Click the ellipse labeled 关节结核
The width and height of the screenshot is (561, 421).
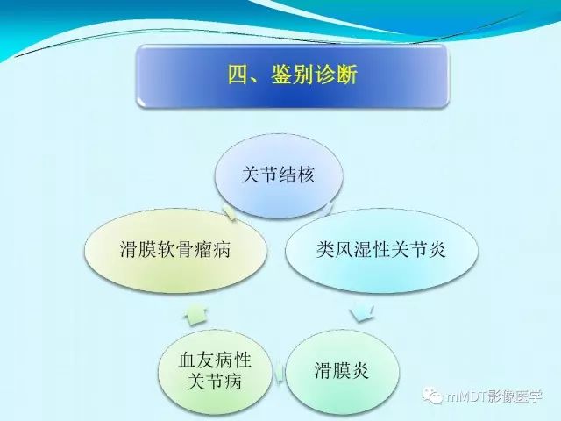(279, 175)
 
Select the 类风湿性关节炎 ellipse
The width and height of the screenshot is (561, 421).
(381, 249)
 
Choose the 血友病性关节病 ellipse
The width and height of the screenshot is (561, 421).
(214, 370)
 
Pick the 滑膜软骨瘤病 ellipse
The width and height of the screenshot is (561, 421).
(179, 249)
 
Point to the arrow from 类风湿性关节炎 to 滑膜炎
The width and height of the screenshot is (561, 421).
(360, 310)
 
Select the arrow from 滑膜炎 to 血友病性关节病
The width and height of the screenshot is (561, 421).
(279, 373)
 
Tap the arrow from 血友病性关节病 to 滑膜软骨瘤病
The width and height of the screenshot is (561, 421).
(196, 310)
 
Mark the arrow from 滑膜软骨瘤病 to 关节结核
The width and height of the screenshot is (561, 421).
(230, 211)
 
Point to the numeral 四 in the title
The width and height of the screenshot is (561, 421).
(238, 75)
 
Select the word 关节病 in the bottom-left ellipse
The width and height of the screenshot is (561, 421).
(214, 382)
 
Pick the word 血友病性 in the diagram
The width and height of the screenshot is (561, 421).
(214, 360)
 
